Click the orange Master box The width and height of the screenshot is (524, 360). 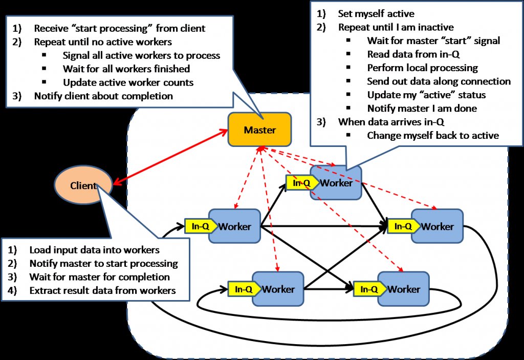tap(259, 130)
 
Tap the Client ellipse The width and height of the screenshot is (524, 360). tap(83, 185)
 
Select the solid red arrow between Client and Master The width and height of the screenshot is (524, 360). tap(169, 157)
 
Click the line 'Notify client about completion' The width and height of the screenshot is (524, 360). tap(103, 96)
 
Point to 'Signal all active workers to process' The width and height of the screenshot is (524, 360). tap(141, 55)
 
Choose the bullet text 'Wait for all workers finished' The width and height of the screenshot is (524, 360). tap(126, 69)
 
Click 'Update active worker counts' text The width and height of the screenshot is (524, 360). tap(127, 82)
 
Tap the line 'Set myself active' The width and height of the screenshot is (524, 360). tap(376, 14)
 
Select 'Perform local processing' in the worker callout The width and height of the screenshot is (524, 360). tap(422, 68)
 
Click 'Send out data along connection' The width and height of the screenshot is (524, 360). tap(439, 81)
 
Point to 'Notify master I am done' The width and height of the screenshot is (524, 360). tap(422, 108)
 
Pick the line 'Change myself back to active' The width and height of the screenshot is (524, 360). tap(433, 135)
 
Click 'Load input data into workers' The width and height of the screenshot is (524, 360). tap(95, 250)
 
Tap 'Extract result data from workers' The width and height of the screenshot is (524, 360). tap(102, 290)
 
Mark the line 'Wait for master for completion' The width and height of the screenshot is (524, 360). tap(99, 277)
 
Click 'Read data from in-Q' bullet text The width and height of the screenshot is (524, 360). tap(415, 54)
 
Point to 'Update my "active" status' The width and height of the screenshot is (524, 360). tap(426, 95)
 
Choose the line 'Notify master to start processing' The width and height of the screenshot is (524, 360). tap(103, 264)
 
